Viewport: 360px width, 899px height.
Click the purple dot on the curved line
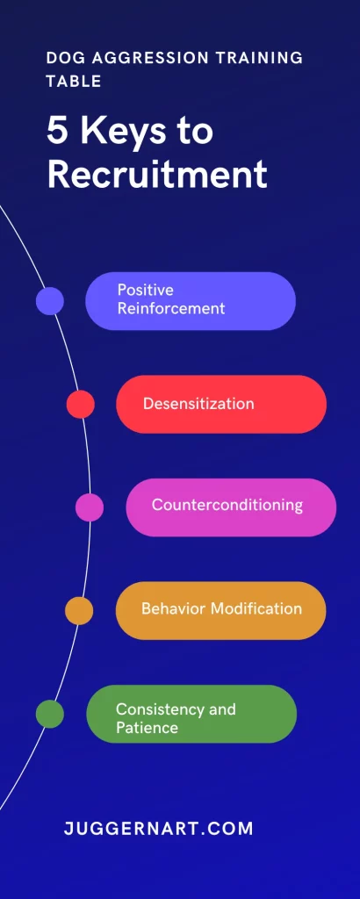coord(50,301)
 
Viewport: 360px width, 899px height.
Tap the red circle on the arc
coord(80,404)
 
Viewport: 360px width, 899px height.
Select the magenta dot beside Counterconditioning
coord(90,507)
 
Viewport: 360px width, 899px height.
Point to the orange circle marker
coord(79,611)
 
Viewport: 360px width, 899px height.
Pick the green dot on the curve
coord(50,714)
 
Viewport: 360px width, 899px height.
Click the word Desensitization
coord(198,404)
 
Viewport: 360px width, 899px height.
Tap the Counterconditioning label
coord(227,505)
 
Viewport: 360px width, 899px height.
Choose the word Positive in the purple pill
coord(145,290)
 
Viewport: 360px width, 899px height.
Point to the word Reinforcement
coord(171,308)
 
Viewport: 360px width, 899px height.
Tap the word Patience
coord(147,729)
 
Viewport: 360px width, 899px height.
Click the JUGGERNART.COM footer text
coord(158,829)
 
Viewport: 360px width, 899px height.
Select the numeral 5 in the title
coord(57,132)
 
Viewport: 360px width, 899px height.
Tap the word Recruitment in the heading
coord(157,174)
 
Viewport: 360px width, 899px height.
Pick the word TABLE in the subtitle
coord(74,81)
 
